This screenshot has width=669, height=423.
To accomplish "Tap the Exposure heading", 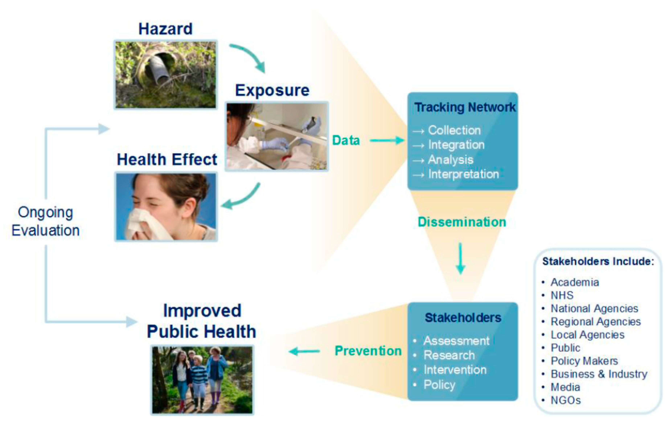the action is coord(272,90).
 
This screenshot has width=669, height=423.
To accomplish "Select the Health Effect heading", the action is coord(167,159).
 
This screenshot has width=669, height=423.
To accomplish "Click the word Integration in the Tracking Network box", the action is coord(456,145).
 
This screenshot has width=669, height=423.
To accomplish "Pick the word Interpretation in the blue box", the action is coord(463,174).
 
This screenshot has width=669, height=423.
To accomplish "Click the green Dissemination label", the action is coord(462,222).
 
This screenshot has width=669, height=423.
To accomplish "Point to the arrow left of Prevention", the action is coord(305,351).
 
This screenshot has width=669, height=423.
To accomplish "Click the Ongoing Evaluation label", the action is coord(46,221).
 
